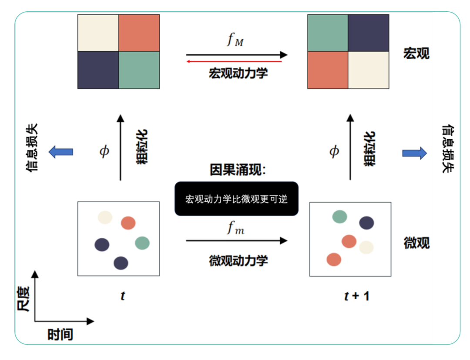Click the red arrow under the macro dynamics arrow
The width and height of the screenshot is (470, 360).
click(235, 62)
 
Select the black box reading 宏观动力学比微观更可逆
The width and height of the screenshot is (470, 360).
click(236, 199)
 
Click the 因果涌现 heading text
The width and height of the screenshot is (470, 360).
click(237, 170)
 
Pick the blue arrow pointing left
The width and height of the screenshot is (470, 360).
click(60, 152)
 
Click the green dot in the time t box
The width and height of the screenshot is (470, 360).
click(142, 243)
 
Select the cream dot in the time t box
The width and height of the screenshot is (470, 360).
click(105, 217)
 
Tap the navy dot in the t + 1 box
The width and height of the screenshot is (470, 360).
click(366, 223)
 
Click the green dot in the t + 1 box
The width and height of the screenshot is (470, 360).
click(339, 216)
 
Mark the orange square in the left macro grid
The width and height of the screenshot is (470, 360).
click(139, 33)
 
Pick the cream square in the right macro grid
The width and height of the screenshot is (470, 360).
click(369, 70)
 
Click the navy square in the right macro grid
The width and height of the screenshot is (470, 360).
click(369, 33)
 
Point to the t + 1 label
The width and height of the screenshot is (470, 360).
click(356, 297)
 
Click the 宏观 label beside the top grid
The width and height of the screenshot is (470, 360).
click(416, 53)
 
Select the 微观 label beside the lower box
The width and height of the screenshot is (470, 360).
click(416, 243)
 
